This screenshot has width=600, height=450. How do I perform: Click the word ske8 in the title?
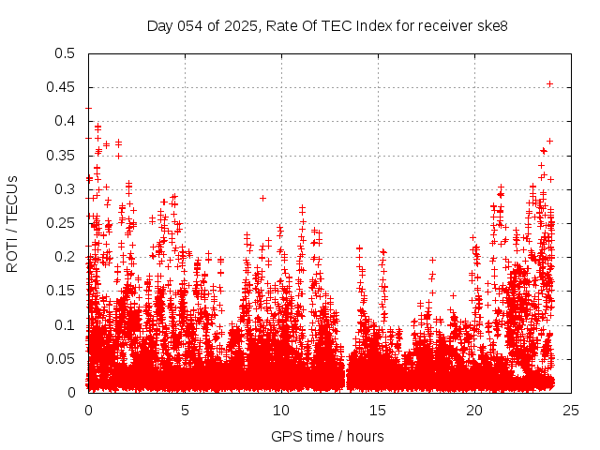pos(493,25)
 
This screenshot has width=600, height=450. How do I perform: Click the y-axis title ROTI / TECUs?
pos(13,223)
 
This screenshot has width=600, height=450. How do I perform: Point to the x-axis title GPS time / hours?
pos(327,436)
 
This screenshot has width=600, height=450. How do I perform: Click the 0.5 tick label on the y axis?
pos(65,53)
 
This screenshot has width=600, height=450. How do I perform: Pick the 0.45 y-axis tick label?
pos(61,87)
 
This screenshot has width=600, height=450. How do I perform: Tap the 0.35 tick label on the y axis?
pos(61,155)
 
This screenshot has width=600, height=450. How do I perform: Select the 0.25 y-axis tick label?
pos(61,223)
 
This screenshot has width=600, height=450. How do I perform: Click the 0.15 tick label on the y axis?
pos(61,291)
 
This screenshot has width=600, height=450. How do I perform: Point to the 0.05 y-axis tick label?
pos(61,358)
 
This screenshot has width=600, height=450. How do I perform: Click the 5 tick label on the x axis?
pos(186,410)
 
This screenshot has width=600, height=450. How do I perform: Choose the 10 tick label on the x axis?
pos(282,410)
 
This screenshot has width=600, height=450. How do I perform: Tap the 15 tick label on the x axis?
pos(379,410)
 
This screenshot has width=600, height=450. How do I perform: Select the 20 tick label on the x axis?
pos(475,410)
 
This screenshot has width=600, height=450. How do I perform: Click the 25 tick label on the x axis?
pos(572,410)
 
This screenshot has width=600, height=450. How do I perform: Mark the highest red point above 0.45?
pos(549,83)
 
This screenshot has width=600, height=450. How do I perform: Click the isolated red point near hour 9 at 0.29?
pos(263,198)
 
